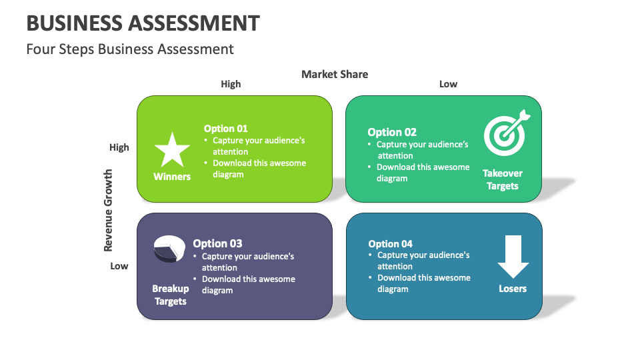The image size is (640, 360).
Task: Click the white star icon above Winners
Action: tap(172, 150)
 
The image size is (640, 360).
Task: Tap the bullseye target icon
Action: tap(507, 133)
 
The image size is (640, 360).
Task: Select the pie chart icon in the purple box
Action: tap(169, 249)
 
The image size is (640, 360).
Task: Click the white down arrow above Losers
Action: tap(513, 256)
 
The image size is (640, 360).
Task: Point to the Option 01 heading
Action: tap(226, 129)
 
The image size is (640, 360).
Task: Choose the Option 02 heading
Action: tap(392, 132)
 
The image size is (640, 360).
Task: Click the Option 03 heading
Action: tap(217, 244)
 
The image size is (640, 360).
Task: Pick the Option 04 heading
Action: tap(390, 244)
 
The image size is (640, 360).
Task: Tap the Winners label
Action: tap(172, 177)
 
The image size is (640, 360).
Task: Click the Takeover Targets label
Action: tap(503, 179)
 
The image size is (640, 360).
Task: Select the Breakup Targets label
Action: tap(171, 295)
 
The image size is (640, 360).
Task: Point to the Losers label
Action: tap(513, 289)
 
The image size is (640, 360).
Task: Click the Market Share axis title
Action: tap(335, 74)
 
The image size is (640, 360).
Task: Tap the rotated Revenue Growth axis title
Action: tap(108, 210)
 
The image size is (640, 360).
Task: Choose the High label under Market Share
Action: tap(231, 84)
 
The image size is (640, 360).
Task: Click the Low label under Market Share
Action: tap(448, 84)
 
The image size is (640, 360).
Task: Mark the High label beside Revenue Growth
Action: tap(119, 147)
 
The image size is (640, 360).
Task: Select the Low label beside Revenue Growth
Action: tap(119, 266)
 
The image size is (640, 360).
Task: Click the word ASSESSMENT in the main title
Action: tap(194, 23)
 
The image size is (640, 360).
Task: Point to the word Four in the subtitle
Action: tap(40, 49)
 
